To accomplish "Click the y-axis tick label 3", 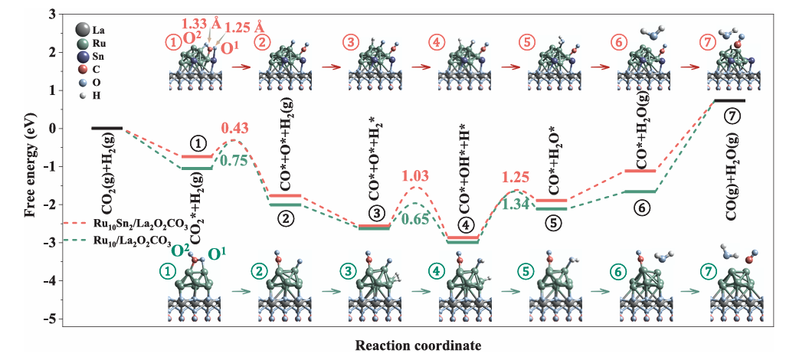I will pyautogui.click(x=49, y=14).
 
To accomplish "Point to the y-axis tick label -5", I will pyautogui.click(x=47, y=319).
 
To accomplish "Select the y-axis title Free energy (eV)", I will pyautogui.click(x=30, y=165).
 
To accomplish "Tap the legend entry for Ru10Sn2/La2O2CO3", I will pyautogui.click(x=137, y=224).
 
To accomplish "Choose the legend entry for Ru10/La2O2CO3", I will pyautogui.click(x=130, y=239).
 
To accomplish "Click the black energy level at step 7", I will pyautogui.click(x=729, y=100).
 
